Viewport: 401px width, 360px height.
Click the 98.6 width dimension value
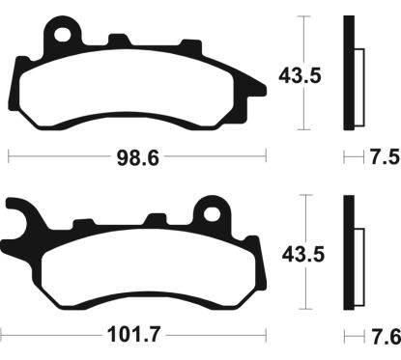pos(137,158)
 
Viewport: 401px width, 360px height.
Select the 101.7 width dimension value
pos(133,335)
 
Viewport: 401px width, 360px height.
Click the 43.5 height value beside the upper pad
pos(300,76)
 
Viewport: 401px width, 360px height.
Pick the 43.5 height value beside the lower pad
pos(303,255)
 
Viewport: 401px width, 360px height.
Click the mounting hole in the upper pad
pos(63,35)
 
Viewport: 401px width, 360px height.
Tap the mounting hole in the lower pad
pos(213,214)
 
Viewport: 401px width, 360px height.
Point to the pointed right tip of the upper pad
pos(266,89)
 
